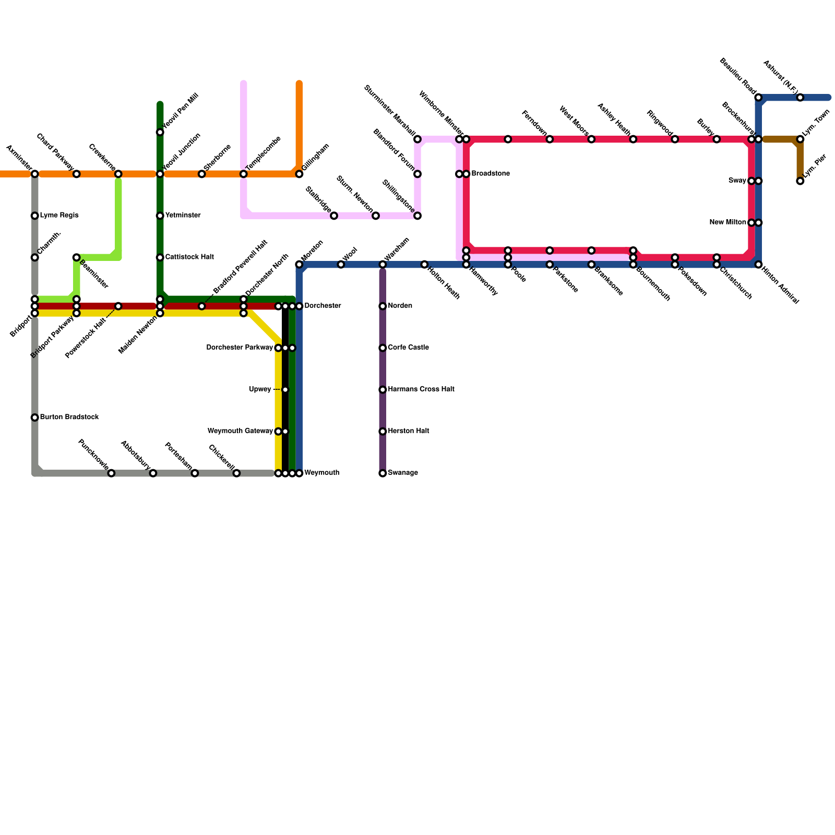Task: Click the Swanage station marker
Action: [x=383, y=473]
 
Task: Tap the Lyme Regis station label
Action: [x=59, y=216]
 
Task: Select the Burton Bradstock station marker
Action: [x=34, y=417]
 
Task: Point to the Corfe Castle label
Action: [x=408, y=348]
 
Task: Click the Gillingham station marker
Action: [x=299, y=174]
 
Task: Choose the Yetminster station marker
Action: [x=160, y=216]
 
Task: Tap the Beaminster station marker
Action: [x=76, y=257]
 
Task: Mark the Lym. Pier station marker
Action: [x=800, y=181]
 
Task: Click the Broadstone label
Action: [x=490, y=174]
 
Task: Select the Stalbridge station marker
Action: [x=334, y=216]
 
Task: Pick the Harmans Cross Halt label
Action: [x=421, y=389]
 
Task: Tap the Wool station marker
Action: [x=341, y=265]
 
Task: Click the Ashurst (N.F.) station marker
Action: [x=800, y=98]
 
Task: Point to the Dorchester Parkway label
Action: [x=240, y=348]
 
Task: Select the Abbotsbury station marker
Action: [x=153, y=473]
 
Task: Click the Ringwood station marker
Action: [x=675, y=139]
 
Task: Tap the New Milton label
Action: [x=727, y=223]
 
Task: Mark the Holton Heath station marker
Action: [x=424, y=265]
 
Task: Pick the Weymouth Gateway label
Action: [x=240, y=431]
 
